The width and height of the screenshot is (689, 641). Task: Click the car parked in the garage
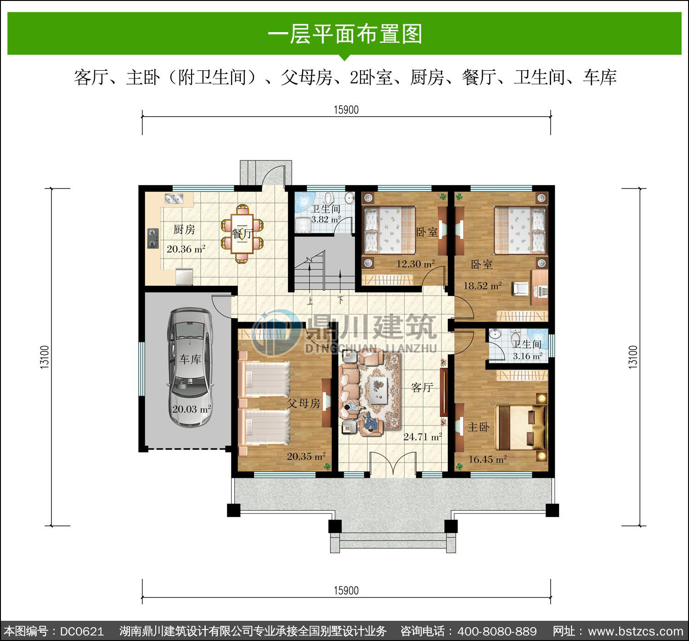190,368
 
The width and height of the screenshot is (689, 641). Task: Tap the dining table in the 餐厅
242,233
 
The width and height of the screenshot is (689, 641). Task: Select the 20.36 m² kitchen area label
186,249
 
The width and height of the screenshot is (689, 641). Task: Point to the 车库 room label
190,359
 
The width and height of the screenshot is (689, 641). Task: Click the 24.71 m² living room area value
423,437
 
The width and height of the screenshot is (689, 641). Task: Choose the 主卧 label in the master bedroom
478,427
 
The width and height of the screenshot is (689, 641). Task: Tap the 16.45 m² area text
487,459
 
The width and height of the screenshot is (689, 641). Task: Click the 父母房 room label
303,403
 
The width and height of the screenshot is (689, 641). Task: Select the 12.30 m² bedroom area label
416,264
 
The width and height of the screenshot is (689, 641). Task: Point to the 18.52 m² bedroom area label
483,286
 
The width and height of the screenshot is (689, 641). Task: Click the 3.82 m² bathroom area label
326,219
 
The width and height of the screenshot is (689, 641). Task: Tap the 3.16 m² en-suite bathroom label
528,356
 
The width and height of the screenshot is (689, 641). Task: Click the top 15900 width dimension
346,110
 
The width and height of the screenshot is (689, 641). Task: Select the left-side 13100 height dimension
45,357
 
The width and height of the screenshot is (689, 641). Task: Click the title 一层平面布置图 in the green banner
345,34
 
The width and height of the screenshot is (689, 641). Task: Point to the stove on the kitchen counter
153,238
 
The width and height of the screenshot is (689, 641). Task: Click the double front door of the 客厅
393,464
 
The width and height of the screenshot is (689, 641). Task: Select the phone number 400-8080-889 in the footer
497,630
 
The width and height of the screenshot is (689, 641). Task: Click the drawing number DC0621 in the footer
82,630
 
